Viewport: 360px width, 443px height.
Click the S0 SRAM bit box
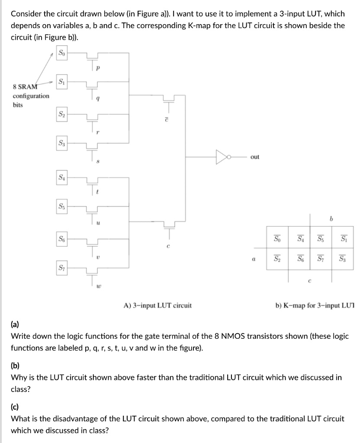[63, 53]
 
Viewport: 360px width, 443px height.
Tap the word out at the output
[255, 157]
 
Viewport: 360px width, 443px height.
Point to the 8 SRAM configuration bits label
[31, 96]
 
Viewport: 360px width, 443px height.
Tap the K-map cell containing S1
[343, 238]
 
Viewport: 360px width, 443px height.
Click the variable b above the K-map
[331, 219]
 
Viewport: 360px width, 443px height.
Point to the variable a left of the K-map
[252, 260]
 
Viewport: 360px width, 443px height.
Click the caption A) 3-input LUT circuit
[157, 305]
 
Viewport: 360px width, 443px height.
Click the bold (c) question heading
[15, 406]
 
